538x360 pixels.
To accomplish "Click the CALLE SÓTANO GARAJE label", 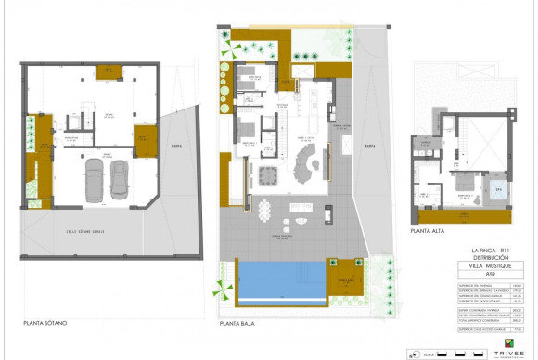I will click(84, 231).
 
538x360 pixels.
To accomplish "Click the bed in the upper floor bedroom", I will click(429, 189).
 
